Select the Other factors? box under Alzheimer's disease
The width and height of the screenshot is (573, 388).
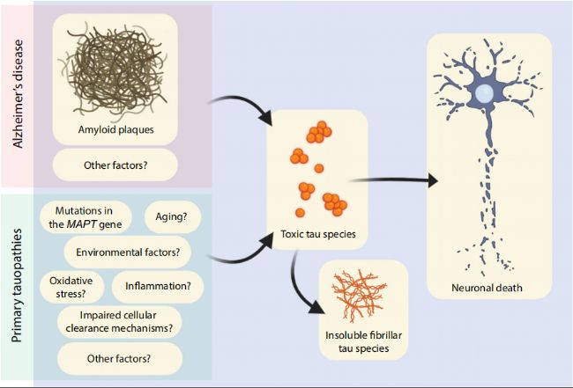point(116,165)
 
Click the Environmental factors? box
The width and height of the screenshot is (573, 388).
point(128,253)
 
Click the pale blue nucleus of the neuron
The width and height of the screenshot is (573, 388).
point(483,92)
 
